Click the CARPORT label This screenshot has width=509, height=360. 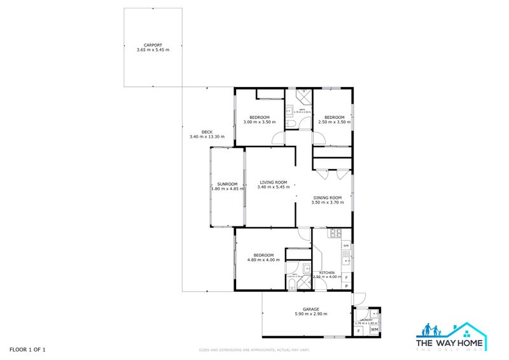(x=153, y=45)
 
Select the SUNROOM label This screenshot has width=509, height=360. (x=227, y=184)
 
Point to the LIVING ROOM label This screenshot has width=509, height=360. (x=270, y=182)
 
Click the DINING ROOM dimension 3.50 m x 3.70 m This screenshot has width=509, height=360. (x=327, y=202)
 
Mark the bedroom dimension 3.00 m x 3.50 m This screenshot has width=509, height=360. (x=260, y=122)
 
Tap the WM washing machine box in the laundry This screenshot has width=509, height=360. (x=374, y=329)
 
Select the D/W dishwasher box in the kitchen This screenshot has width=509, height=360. (x=346, y=246)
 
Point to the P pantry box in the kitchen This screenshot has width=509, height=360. (x=346, y=286)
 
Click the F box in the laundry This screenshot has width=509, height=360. (x=359, y=330)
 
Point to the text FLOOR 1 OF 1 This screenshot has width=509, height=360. (x=27, y=349)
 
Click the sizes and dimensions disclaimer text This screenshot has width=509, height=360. (x=254, y=350)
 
